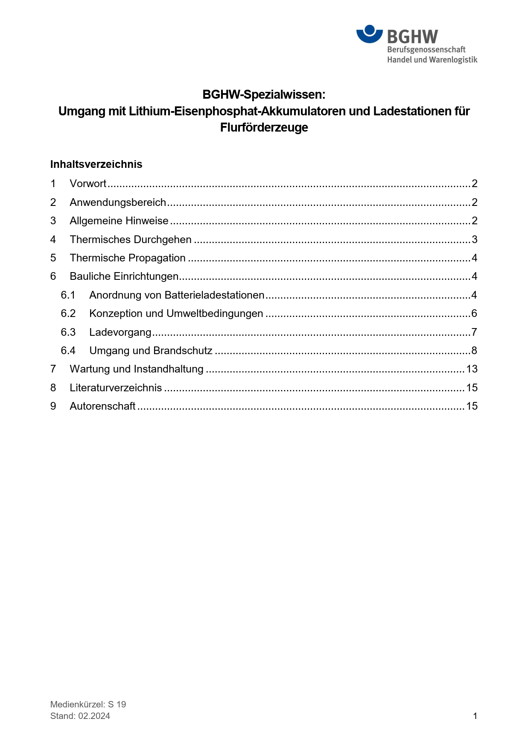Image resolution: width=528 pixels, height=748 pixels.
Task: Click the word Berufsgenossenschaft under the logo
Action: pos(426,50)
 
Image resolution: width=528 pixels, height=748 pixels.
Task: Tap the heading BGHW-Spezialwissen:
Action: pos(264,94)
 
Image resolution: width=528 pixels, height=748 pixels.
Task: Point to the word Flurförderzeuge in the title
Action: pos(264,127)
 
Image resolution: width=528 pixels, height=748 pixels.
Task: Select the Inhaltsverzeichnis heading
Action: pos(96,164)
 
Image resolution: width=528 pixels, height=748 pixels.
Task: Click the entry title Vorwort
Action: pos(88,184)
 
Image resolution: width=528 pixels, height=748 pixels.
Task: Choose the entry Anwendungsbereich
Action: pos(118,202)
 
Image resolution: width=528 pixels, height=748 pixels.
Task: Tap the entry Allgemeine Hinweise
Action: pos(119,221)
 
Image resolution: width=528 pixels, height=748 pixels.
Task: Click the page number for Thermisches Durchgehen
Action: pos(474,240)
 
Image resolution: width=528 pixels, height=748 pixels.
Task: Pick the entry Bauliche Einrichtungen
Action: pos(124,276)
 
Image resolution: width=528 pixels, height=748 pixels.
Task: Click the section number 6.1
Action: pos(68,295)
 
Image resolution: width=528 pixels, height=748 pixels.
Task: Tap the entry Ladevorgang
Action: pos(120,332)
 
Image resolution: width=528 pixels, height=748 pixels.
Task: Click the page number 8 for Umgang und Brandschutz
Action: pos(474,351)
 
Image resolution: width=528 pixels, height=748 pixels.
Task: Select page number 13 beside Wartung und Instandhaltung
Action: pos(472,369)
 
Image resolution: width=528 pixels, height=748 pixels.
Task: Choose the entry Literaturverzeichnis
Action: pos(116,388)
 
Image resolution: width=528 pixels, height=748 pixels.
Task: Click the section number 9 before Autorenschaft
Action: pos(53,406)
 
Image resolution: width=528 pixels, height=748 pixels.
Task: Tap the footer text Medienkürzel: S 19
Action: pos(88,704)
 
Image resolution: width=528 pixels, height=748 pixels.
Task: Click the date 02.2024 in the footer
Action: pos(94,716)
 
